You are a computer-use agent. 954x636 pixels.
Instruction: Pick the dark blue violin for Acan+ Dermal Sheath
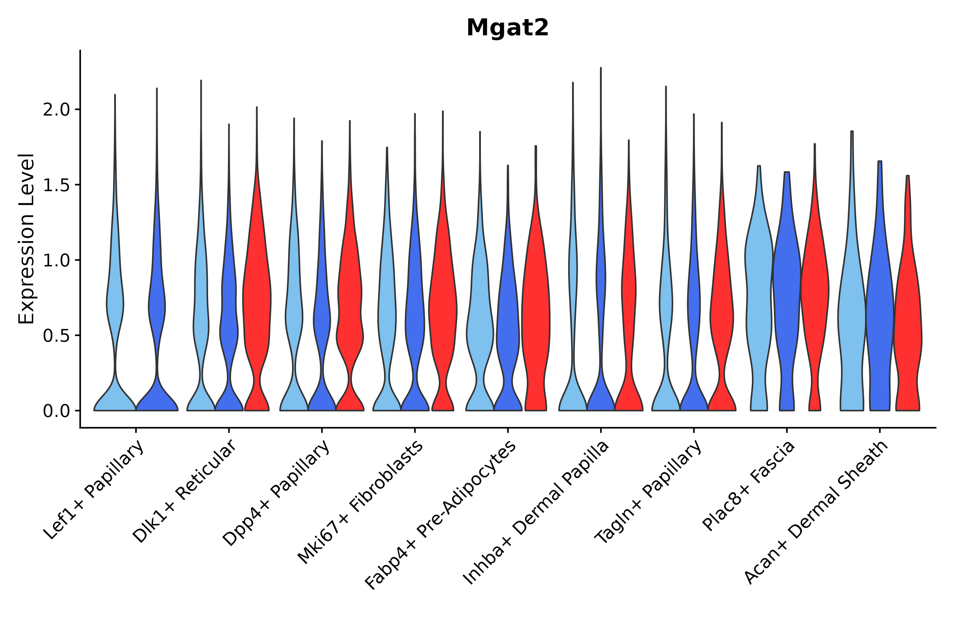coord(879,316)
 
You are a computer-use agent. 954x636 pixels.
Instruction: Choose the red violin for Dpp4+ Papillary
coord(350,308)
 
